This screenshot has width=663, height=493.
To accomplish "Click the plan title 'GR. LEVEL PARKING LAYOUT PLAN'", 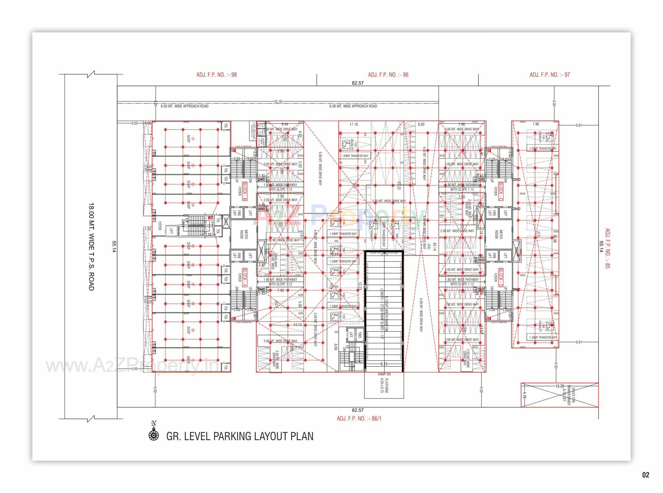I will tap(240, 436).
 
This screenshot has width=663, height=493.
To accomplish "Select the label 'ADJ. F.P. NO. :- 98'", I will tap(217, 75).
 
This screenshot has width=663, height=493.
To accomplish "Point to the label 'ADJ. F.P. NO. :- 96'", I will tap(388, 75).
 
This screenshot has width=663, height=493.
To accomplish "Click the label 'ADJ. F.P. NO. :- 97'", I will tap(550, 75).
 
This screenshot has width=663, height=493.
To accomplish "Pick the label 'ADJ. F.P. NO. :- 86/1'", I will tap(359, 419).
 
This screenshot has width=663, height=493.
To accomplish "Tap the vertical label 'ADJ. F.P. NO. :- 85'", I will tap(607, 249).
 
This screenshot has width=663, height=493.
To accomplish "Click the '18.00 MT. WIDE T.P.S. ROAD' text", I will tap(91, 246).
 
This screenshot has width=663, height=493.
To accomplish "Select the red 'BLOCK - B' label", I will tap(244, 191).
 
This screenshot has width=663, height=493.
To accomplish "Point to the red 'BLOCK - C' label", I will tap(500, 191).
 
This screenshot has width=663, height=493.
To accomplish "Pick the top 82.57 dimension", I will tap(357, 83).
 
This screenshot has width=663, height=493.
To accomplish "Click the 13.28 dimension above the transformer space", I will tap(559, 386).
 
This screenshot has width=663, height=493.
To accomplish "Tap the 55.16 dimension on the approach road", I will tap(278, 101).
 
